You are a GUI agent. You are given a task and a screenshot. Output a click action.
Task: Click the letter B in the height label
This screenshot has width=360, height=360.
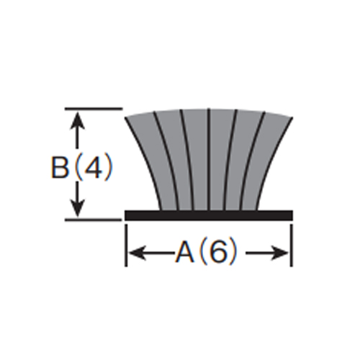click(60, 167)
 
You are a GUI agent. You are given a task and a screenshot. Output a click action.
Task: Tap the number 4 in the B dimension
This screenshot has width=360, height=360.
click(93, 167)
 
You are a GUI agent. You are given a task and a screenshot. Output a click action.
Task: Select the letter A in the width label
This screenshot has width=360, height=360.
click(184, 253)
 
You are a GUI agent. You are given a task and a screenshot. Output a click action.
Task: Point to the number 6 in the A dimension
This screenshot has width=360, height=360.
click(218, 253)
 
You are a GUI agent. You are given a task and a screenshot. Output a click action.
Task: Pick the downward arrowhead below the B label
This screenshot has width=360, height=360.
click(77, 208)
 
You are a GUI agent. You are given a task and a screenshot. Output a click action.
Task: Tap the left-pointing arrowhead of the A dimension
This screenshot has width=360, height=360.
click(138, 253)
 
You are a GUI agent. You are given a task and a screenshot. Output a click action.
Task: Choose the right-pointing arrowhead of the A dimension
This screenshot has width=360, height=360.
click(280, 253)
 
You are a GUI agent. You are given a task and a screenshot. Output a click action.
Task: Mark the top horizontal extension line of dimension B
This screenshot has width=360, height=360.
click(94, 109)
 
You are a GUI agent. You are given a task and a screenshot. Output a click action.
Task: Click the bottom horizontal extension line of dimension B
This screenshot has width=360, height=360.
click(94, 220)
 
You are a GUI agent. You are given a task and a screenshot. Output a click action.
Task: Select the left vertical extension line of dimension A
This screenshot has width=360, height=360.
click(126, 245)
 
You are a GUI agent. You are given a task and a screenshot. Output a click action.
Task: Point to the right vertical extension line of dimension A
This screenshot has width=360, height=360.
click(292, 245)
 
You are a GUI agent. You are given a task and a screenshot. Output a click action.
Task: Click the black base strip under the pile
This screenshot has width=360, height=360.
click(209, 215)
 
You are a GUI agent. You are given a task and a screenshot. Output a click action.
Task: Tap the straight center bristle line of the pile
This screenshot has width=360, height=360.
click(209, 160)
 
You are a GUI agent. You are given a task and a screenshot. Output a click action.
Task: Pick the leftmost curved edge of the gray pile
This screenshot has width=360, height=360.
click(147, 163)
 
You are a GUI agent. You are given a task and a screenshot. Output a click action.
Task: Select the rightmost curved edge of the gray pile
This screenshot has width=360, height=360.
click(271, 163)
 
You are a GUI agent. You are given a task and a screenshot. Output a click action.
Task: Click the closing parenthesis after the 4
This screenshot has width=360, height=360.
click(109, 167)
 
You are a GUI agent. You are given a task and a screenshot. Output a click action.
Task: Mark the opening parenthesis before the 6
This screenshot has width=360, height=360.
click(204, 253)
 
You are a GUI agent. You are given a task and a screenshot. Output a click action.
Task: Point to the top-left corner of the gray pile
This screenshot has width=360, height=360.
click(125, 117)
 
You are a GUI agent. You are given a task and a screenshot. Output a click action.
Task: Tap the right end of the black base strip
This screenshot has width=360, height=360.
click(292, 215)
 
